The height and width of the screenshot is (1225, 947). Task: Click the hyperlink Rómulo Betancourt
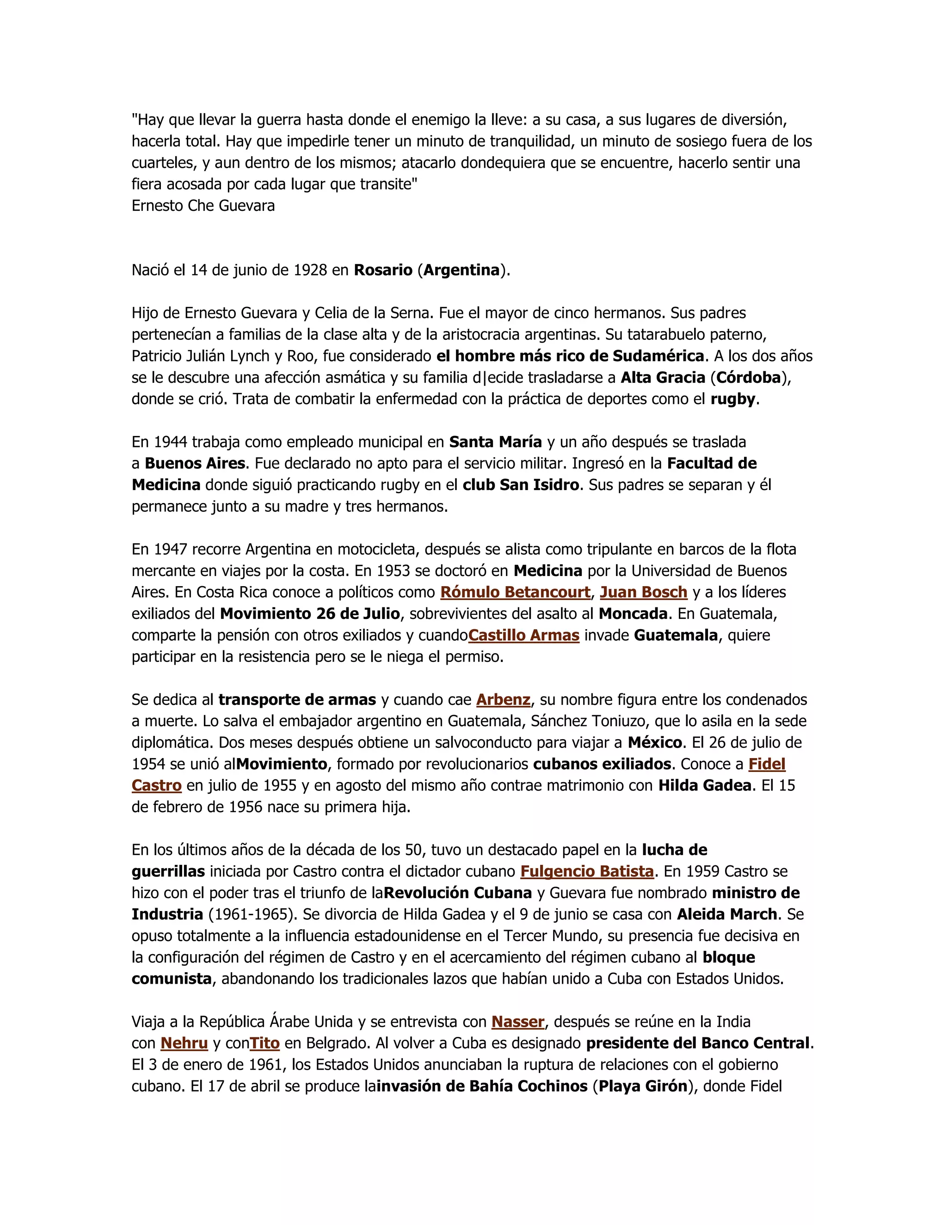coord(515,592)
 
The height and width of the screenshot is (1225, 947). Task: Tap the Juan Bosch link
coord(644,592)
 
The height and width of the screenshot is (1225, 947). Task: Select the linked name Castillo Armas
coord(523,636)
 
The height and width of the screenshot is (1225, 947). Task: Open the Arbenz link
coord(503,700)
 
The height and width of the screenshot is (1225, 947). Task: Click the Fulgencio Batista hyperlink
coord(587,872)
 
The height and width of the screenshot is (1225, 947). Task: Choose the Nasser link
coord(518,1022)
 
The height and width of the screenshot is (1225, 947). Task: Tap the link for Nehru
coord(184,1043)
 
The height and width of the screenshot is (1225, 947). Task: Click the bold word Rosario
coord(382,270)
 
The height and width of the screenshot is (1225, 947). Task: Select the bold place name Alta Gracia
coord(663,378)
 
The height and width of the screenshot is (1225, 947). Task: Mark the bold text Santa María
coord(495,442)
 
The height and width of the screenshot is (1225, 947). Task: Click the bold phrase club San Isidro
coord(520,485)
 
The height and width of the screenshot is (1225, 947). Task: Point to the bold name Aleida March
coord(726,914)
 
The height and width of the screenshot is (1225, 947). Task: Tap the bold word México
coord(655,743)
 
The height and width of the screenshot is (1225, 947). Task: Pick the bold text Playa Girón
coord(643,1086)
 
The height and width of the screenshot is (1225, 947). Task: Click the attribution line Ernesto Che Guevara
coord(203,206)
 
